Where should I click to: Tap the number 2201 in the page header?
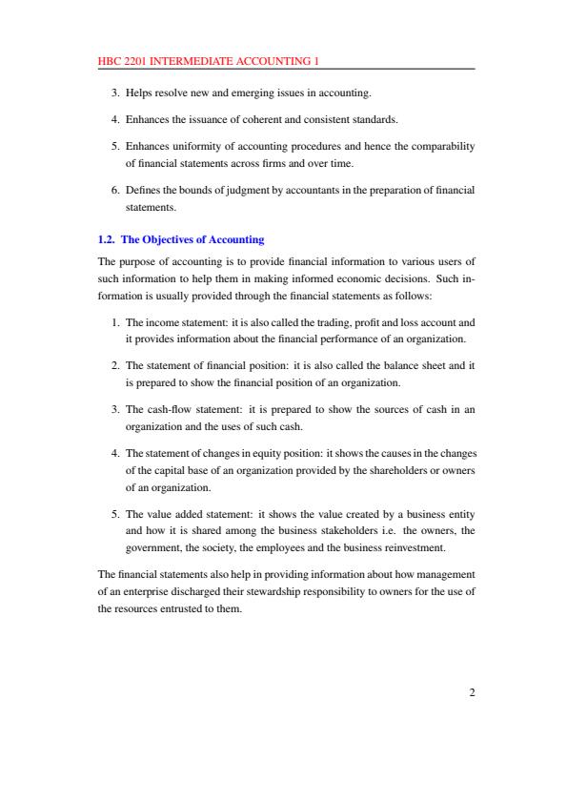pos(134,62)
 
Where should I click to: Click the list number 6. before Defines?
pos(115,191)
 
